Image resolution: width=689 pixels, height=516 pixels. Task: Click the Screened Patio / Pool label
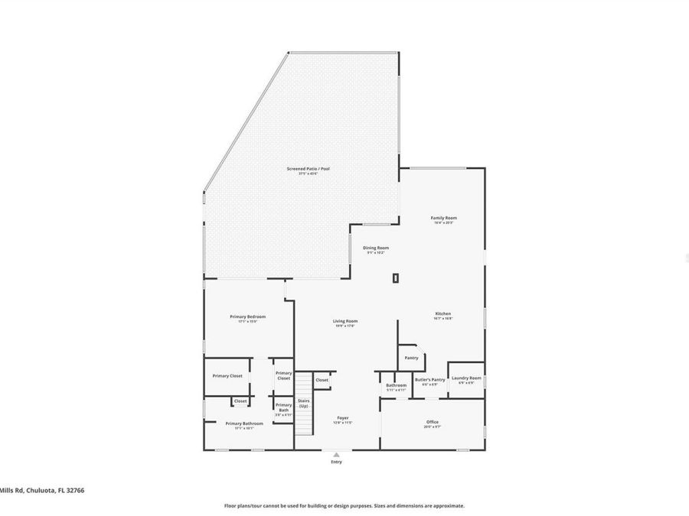click(x=309, y=169)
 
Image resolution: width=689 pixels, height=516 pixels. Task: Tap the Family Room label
click(x=444, y=218)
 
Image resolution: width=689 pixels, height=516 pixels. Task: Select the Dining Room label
click(x=377, y=248)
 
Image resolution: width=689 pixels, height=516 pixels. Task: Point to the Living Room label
click(x=345, y=321)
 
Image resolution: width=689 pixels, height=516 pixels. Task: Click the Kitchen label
click(x=443, y=313)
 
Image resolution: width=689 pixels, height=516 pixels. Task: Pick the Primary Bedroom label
click(x=248, y=316)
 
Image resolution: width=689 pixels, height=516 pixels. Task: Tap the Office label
click(x=433, y=422)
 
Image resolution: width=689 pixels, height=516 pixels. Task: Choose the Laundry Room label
click(x=466, y=378)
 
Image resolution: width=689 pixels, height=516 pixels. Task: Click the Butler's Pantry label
click(x=430, y=380)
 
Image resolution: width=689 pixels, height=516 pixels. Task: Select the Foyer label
click(x=343, y=418)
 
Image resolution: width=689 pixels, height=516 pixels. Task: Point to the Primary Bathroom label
click(x=244, y=424)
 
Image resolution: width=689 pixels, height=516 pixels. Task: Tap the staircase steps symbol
click(x=305, y=413)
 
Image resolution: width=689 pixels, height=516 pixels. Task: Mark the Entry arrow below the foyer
click(x=336, y=454)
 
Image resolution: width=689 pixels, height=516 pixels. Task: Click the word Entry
click(x=336, y=462)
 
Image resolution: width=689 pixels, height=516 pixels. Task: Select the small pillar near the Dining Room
click(x=395, y=278)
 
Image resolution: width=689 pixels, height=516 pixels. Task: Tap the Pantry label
click(x=412, y=357)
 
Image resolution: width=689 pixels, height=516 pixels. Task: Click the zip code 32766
click(x=74, y=491)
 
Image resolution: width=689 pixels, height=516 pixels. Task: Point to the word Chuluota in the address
click(x=38, y=491)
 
